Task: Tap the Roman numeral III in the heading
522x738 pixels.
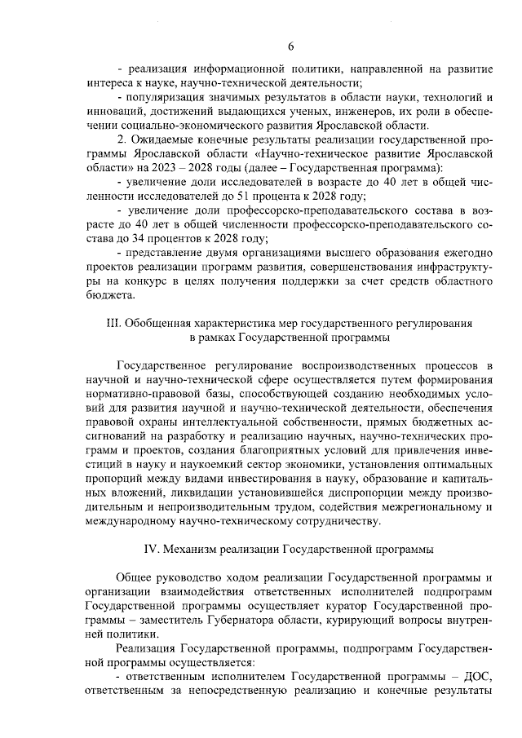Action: [x=113, y=323]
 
